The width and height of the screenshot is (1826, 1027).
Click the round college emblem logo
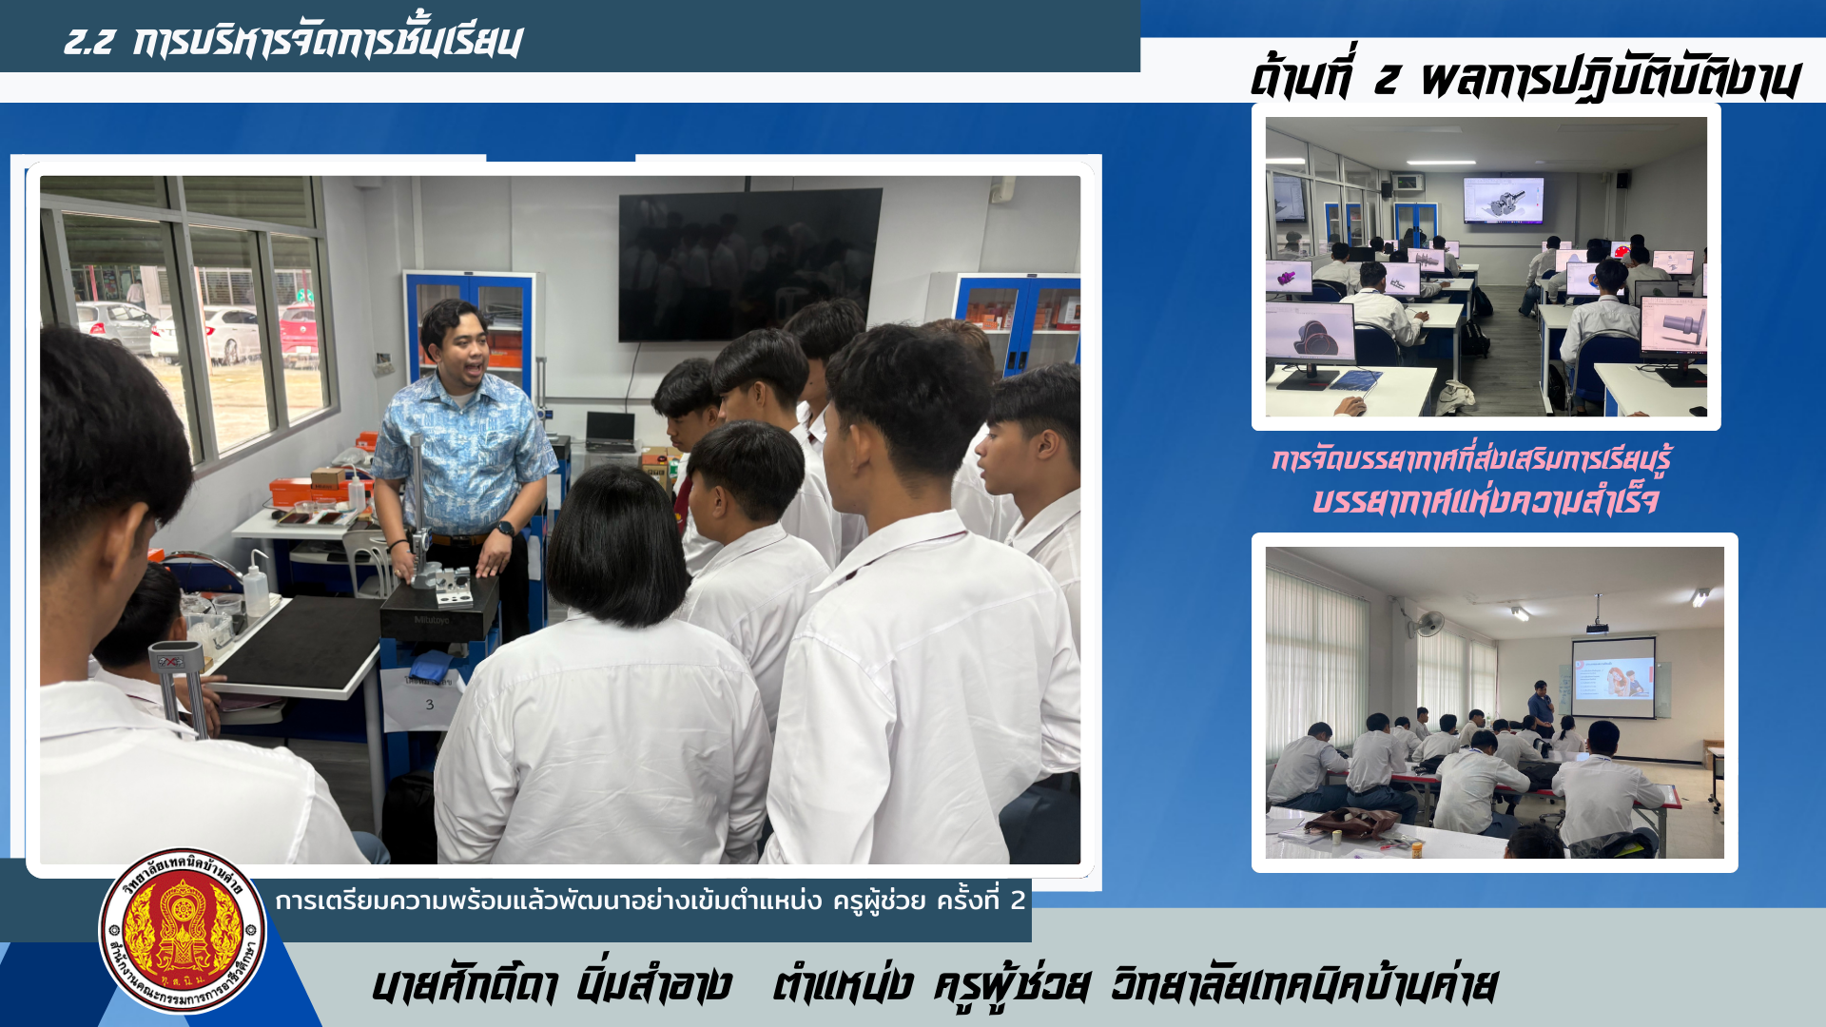pos(183,931)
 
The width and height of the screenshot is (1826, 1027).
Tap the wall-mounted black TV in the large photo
pos(749,263)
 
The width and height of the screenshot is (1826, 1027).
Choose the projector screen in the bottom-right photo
pos(1613,677)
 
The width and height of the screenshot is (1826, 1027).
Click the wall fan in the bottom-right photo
pos(1428,625)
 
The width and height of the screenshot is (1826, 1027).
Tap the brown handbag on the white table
pos(1351,821)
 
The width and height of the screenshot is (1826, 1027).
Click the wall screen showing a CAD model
pos(1503,200)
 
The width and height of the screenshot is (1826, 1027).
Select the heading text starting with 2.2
pos(293,41)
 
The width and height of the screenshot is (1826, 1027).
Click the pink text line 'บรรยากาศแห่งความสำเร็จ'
pos(1485,499)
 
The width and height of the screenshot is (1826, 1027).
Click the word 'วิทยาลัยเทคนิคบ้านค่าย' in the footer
pos(1304,984)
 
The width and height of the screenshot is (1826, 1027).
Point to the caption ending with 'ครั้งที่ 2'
pos(651,901)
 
